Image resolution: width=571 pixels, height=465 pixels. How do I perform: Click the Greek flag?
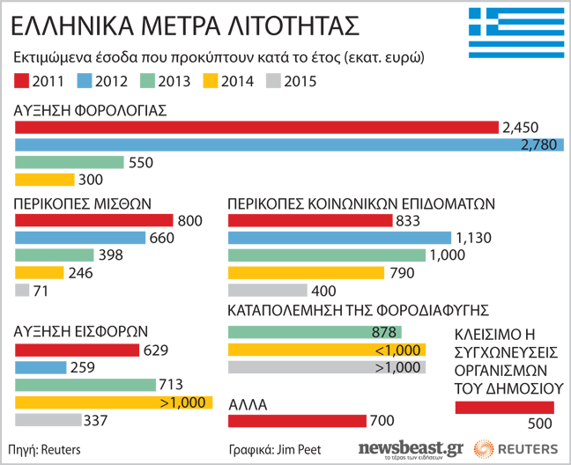pyautogui.click(x=513, y=32)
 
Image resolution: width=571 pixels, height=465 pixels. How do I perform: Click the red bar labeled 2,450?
pyautogui.click(x=256, y=128)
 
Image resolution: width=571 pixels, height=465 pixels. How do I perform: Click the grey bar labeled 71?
pyautogui.click(x=23, y=290)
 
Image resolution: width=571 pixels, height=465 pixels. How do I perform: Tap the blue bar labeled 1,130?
pyautogui.click(x=340, y=238)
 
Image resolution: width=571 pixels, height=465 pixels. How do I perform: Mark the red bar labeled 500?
pyautogui.click(x=505, y=407)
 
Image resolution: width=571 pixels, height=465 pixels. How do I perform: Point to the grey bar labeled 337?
pyautogui.click(x=47, y=419)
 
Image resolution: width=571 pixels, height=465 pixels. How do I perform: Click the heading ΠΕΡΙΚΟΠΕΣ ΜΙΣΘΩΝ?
pyautogui.click(x=71, y=203)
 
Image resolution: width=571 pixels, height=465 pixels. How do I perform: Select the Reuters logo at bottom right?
pyautogui.click(x=515, y=447)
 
